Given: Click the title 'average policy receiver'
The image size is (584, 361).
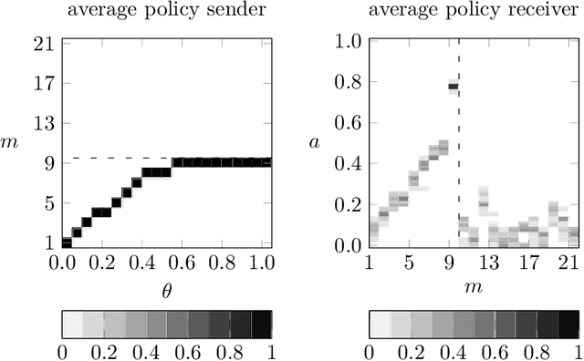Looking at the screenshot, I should (474, 12).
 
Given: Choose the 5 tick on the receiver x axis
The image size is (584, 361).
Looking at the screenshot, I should (410, 264).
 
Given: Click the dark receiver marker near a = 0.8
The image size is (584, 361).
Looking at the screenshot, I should (453, 88).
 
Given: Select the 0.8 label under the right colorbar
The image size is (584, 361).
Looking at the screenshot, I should (537, 351).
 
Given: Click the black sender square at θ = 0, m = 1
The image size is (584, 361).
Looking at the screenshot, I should (66, 242).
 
